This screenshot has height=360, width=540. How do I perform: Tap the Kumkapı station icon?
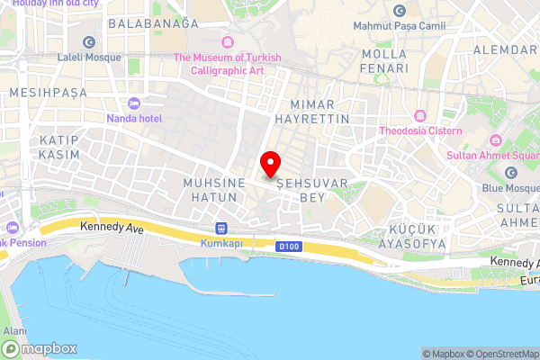[x=222, y=229]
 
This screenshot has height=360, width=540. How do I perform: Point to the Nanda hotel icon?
[x=134, y=103]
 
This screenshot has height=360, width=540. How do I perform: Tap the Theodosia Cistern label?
[x=420, y=131]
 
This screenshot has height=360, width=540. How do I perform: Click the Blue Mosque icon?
[x=511, y=173]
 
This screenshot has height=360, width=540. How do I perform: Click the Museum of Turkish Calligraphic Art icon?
[x=228, y=41]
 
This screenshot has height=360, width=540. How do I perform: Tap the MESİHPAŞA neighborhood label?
[x=47, y=92]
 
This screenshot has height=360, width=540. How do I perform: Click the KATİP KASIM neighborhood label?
[x=59, y=148]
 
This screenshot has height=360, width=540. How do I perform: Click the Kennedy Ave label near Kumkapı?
[x=112, y=229]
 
